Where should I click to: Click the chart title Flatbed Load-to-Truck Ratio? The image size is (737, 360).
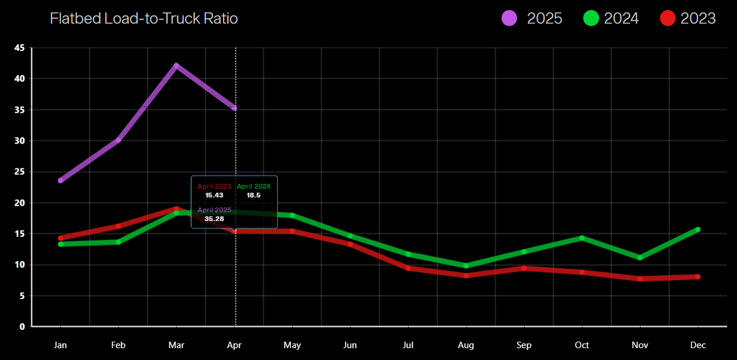144,18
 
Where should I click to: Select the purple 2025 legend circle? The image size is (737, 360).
510,18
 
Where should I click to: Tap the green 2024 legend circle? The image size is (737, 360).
590,18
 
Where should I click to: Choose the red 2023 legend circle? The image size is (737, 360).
667,18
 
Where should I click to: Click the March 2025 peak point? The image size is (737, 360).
176,66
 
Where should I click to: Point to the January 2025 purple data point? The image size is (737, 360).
60,180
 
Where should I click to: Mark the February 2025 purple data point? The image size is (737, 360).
118,140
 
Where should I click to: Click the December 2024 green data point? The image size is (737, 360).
698,229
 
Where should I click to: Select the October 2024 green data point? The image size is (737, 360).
582,238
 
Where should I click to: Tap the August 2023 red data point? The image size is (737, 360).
466,275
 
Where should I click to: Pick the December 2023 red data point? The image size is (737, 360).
698,277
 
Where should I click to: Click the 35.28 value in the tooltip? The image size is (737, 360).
214,219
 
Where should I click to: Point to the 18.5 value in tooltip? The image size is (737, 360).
254,195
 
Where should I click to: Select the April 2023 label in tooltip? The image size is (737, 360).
214,186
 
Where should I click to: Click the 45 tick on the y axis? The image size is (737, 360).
19,48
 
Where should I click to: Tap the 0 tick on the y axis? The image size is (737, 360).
22,326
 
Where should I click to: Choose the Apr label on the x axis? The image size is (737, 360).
234,345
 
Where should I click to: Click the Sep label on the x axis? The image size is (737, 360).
524,345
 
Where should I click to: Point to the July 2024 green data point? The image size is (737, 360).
408,254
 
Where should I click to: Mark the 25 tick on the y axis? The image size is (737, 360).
19,172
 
